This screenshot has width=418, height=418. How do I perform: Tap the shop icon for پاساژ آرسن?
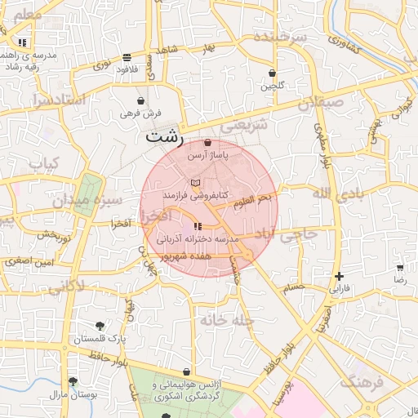(x=209, y=143)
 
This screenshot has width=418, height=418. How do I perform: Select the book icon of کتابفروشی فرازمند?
(x=194, y=183)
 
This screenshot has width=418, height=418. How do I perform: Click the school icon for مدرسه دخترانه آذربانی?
(x=198, y=226)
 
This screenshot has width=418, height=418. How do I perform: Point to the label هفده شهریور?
(x=187, y=256)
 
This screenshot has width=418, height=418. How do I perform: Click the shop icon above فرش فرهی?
(x=141, y=100)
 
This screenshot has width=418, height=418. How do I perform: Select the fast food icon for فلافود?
(x=127, y=57)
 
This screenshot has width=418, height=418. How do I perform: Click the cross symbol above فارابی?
(x=339, y=276)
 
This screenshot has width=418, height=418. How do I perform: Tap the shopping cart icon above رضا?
(x=400, y=267)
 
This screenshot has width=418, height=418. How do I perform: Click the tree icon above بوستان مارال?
(x=73, y=381)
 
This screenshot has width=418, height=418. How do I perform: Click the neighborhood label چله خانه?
(x=222, y=321)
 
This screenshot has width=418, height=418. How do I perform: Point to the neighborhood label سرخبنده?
(x=279, y=38)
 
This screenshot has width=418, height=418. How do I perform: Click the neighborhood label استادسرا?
(x=58, y=100)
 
